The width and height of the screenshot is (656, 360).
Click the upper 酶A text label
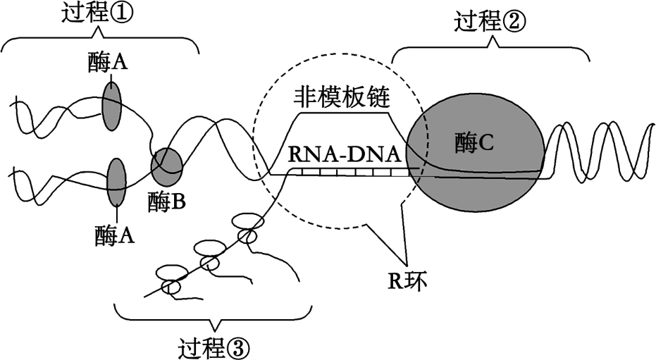109,63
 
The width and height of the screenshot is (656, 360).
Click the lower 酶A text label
113,235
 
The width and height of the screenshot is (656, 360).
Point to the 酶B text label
167,202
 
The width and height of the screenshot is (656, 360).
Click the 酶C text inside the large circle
474,142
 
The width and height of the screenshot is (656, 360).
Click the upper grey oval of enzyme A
111,105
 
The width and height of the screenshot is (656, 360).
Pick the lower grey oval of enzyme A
116,181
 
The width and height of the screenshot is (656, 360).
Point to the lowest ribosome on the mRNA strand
171,279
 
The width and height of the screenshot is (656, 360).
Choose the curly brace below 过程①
99,40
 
